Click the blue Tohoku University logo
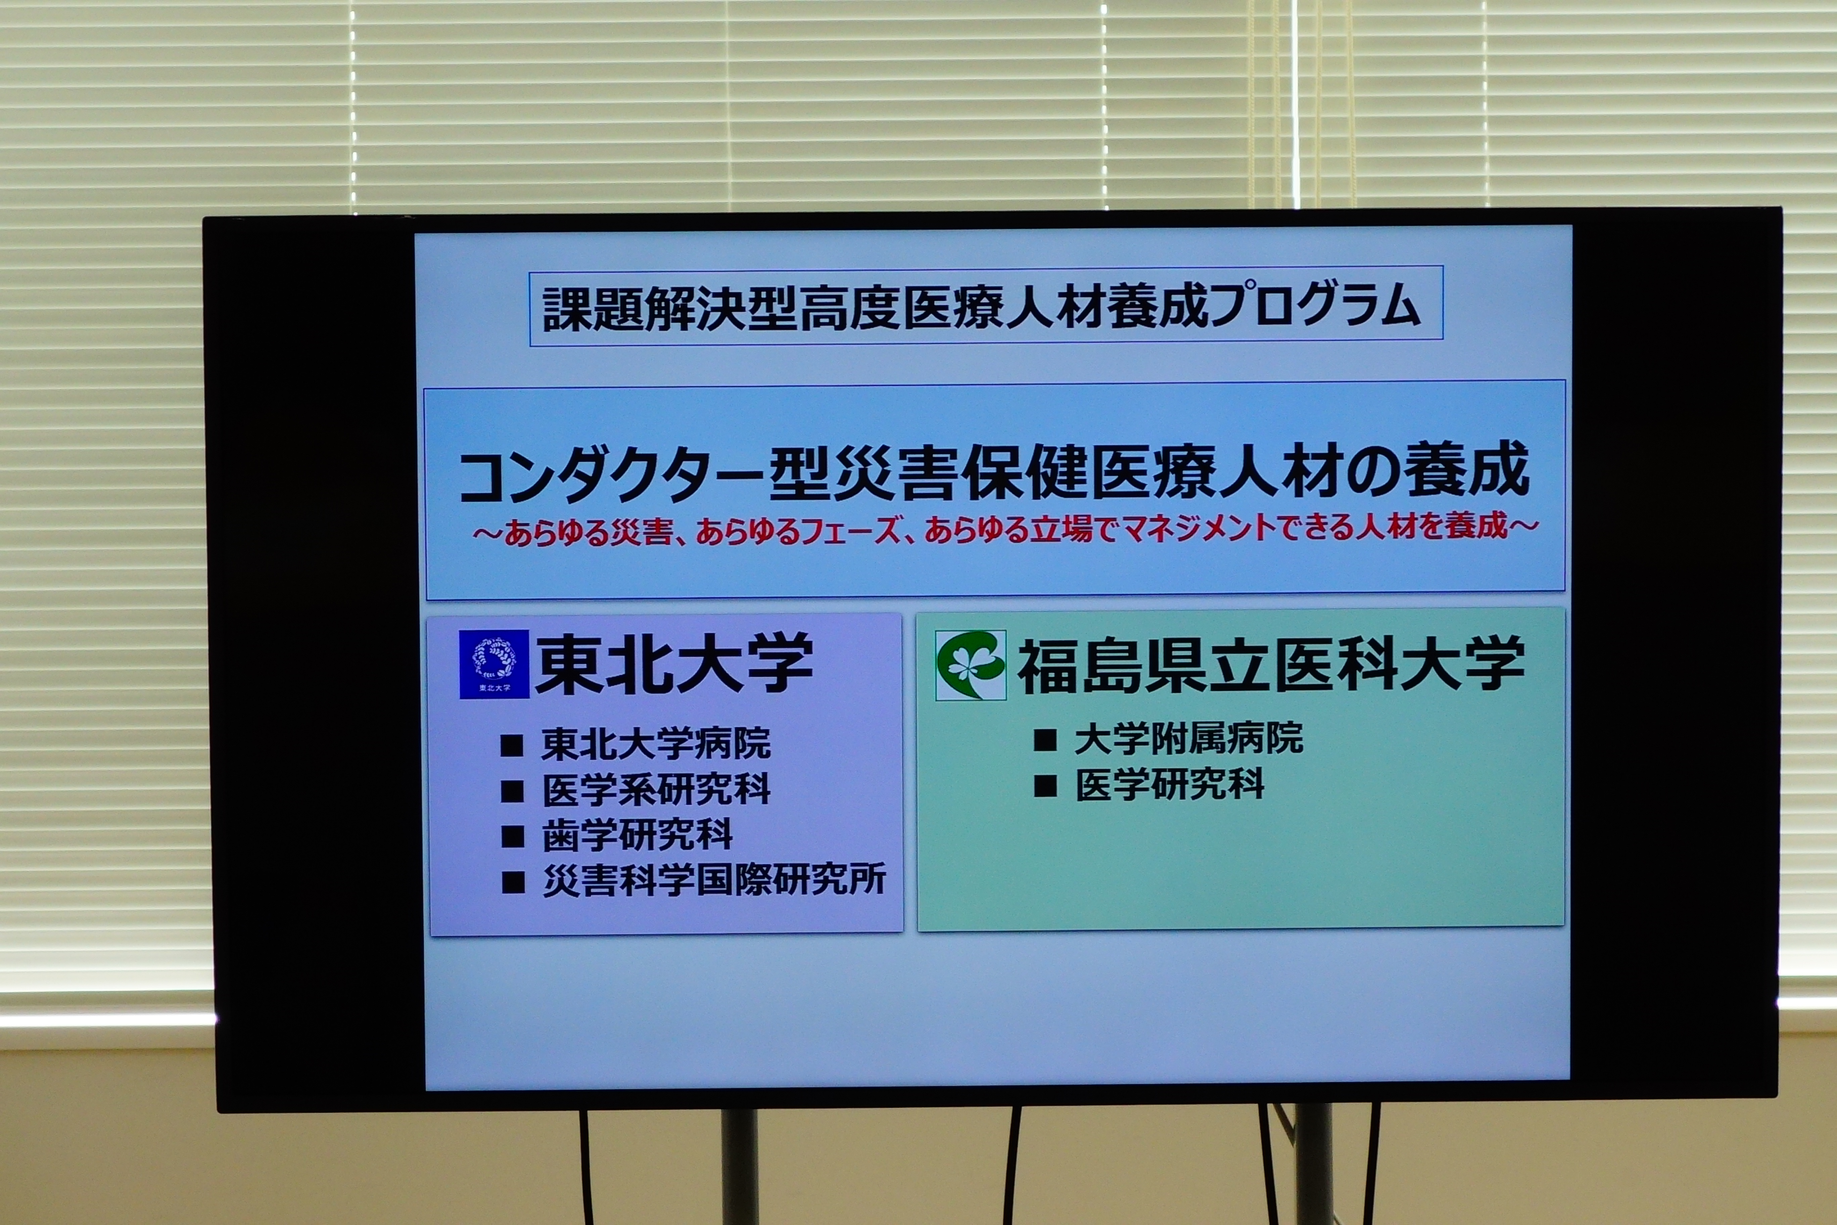493,664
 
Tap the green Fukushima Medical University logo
971,665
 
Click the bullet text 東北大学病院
656,744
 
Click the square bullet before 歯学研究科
512,837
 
